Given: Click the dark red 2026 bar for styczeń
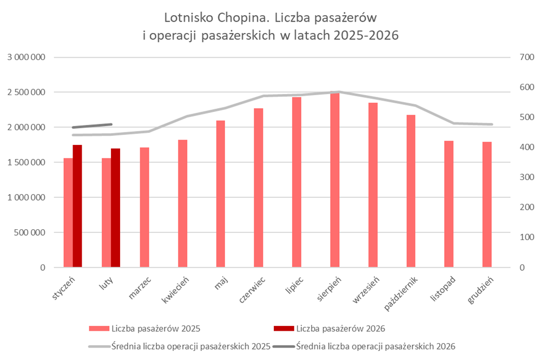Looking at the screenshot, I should (x=77, y=206).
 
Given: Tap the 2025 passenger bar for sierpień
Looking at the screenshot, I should (x=335, y=180).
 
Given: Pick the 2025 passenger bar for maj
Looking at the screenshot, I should (x=221, y=194).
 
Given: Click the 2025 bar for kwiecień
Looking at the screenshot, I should (x=182, y=204).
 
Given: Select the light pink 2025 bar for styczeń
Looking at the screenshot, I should (x=68, y=213).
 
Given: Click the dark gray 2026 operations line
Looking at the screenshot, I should (x=92, y=126).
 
